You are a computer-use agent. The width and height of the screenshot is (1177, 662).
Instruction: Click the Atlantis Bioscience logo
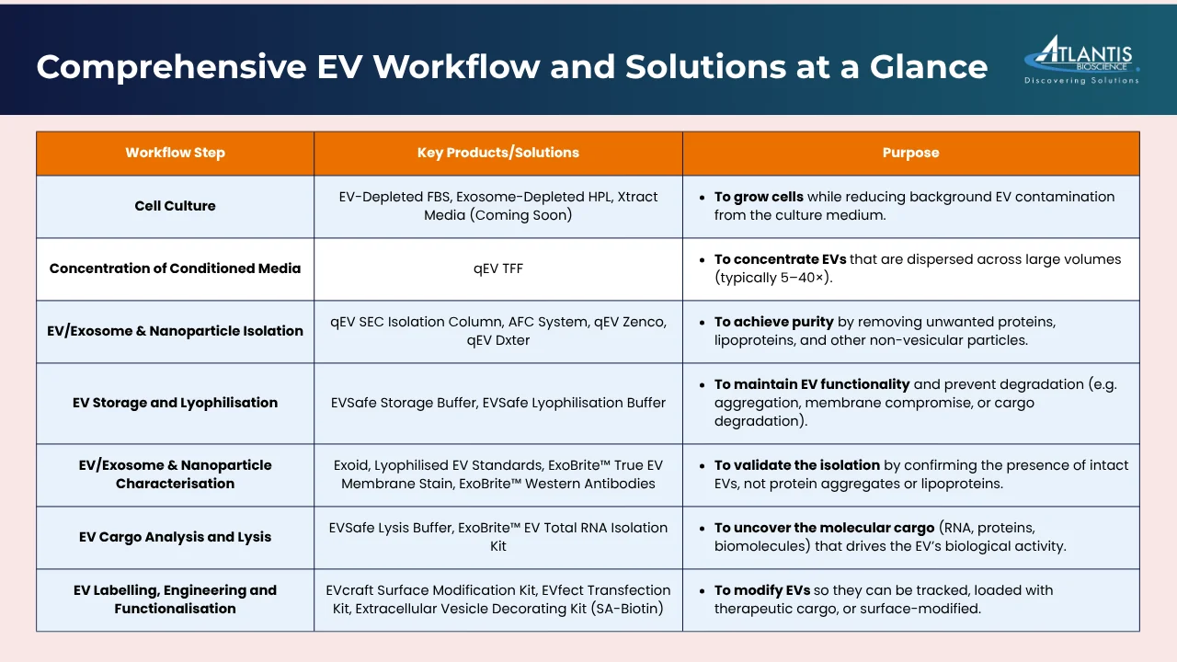click(x=1082, y=60)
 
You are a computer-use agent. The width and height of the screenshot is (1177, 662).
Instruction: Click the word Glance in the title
click(x=929, y=67)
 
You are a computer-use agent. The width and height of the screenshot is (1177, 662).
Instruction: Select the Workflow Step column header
click(x=175, y=153)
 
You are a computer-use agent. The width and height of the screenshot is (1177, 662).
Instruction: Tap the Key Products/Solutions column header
click(x=498, y=153)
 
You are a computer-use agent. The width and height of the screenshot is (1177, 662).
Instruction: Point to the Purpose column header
click(x=910, y=153)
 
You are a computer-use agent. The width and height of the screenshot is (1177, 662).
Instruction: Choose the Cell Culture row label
click(x=175, y=206)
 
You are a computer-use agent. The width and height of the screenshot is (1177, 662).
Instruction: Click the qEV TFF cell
click(x=498, y=268)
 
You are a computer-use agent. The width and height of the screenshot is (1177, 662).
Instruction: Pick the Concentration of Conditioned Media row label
click(x=175, y=268)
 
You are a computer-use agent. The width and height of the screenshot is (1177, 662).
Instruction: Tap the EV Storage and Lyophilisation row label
click(x=175, y=403)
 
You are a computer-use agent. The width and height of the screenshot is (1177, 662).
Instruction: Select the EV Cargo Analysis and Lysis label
click(x=175, y=537)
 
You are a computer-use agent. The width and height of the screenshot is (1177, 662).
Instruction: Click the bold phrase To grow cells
click(x=759, y=197)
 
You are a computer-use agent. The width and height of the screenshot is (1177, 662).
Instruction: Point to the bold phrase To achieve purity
click(x=773, y=322)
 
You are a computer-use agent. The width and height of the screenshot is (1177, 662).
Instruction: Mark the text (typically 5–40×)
click(x=773, y=278)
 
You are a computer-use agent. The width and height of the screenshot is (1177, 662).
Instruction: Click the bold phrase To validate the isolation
click(x=796, y=465)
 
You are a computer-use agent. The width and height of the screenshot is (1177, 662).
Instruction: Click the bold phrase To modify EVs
click(x=762, y=590)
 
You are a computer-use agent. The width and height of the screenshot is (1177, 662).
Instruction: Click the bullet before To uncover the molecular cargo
click(x=702, y=528)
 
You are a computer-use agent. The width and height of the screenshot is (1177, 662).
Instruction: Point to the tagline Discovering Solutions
click(x=1082, y=80)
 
